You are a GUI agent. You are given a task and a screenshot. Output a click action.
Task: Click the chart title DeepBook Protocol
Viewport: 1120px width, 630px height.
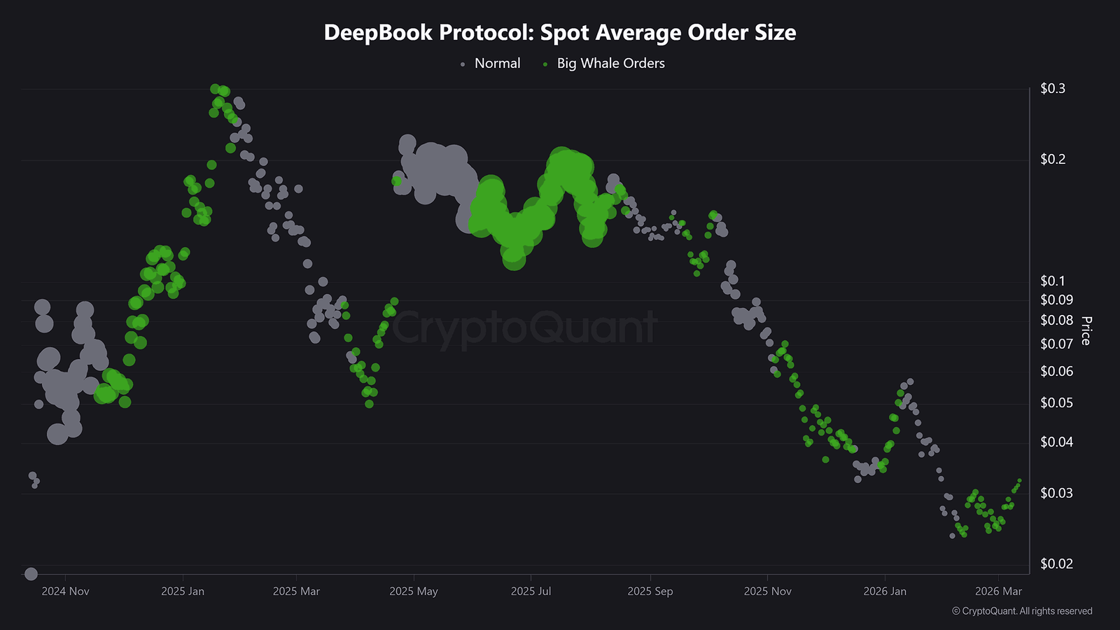(560, 33)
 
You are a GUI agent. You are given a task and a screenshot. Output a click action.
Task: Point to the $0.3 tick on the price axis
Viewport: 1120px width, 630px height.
(1053, 88)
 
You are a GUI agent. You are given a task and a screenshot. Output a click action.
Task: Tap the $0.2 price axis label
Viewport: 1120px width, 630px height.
(1053, 159)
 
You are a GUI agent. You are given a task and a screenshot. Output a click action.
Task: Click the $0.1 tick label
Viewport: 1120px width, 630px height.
(1053, 281)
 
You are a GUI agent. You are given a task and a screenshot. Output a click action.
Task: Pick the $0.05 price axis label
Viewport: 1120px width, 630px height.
(1056, 402)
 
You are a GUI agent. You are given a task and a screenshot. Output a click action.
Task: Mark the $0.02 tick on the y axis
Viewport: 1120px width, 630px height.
(1056, 563)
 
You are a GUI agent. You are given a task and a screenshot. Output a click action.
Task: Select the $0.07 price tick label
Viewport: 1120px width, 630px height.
(1056, 344)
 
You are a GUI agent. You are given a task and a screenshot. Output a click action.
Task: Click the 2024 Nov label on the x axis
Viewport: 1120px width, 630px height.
(65, 591)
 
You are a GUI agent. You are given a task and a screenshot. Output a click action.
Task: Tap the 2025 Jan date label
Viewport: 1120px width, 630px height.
(183, 591)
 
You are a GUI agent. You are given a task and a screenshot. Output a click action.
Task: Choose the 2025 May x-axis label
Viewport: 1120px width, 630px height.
(414, 591)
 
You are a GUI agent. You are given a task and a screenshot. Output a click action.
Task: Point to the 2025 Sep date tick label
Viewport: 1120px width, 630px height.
(650, 591)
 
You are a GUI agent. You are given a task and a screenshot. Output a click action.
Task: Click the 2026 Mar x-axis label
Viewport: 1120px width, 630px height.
(998, 591)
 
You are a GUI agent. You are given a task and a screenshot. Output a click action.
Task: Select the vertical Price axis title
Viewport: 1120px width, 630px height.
(1086, 330)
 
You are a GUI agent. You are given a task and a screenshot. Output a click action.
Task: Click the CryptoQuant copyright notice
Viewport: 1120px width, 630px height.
(1022, 611)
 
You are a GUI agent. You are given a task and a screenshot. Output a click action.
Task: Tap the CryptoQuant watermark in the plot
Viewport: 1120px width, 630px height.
(525, 327)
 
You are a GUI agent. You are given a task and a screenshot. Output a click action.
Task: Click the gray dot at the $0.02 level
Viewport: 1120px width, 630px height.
(31, 574)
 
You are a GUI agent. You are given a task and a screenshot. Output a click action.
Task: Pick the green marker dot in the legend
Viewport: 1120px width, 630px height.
(545, 64)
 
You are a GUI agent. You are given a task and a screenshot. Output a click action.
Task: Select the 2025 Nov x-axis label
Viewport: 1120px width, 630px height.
(767, 591)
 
